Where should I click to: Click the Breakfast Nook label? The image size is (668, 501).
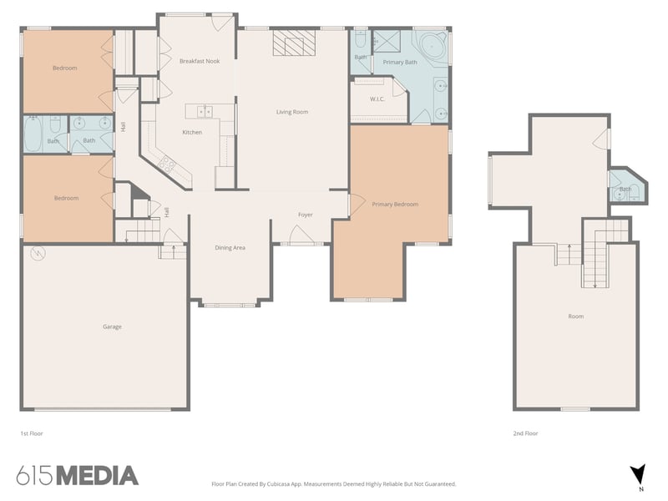click(x=199, y=61)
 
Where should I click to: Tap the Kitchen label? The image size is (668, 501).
click(x=192, y=132)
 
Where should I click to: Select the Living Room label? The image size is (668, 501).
click(x=292, y=112)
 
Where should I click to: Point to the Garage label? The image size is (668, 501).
click(x=112, y=326)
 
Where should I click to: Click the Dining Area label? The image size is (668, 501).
click(x=230, y=247)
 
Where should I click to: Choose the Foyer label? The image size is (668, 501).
click(x=306, y=215)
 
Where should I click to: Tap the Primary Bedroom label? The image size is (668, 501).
click(x=395, y=204)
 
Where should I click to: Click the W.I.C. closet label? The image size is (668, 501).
click(x=377, y=100)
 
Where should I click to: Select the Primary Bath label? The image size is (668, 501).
click(x=399, y=63)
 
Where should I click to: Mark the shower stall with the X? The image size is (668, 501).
click(x=387, y=41)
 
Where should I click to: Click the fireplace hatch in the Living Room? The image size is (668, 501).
click(x=293, y=43)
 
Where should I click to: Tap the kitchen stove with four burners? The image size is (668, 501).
click(x=166, y=163)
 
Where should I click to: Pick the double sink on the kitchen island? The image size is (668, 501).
click(x=204, y=111)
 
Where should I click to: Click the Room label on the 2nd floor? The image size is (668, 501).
click(x=575, y=316)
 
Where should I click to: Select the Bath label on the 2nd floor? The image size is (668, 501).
click(x=625, y=190)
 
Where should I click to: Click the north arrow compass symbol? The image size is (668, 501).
click(x=637, y=473)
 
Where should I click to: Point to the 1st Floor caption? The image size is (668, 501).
click(x=31, y=434)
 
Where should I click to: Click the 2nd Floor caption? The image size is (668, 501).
click(x=524, y=434)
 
